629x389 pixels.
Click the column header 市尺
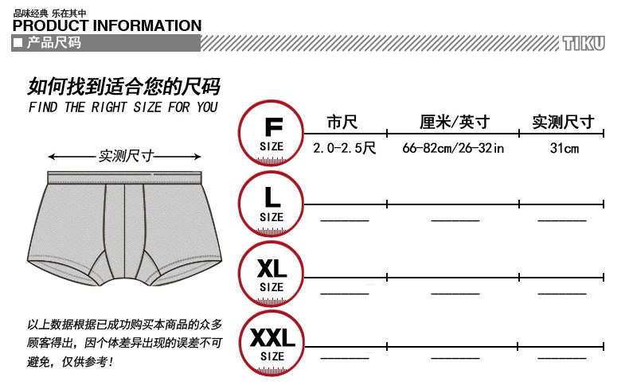click(342, 123)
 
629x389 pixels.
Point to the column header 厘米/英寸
click(454, 123)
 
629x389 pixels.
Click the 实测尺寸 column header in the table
click(563, 123)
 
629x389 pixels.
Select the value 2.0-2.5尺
click(344, 148)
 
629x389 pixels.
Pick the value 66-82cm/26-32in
click(454, 148)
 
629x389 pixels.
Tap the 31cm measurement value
click(564, 148)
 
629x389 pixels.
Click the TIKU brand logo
click(584, 43)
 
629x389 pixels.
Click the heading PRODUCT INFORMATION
click(107, 25)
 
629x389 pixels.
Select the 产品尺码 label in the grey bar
click(54, 43)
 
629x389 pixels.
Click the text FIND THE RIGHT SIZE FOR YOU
click(123, 107)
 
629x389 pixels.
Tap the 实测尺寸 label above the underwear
click(126, 157)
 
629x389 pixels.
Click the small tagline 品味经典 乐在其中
click(50, 13)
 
